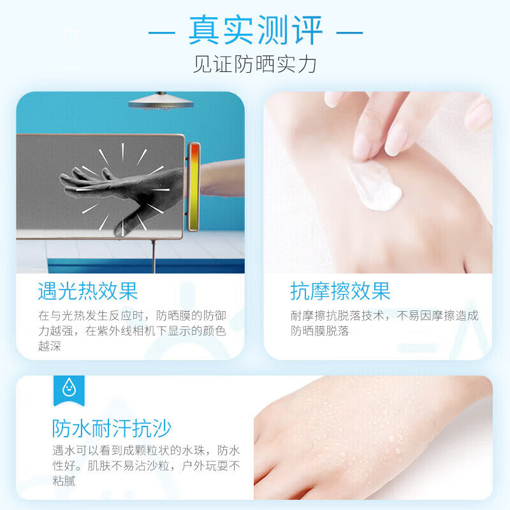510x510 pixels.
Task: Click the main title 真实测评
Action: click(x=255, y=31)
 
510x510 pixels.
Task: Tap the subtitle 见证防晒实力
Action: click(x=255, y=64)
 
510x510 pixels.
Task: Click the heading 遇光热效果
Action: click(x=88, y=291)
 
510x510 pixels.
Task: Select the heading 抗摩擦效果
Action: click(x=340, y=291)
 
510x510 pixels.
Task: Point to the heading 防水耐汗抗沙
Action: click(x=112, y=428)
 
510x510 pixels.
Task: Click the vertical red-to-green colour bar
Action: click(x=193, y=186)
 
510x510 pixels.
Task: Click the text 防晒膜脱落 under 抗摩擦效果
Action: click(x=320, y=331)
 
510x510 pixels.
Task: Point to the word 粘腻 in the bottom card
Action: click(x=64, y=481)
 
